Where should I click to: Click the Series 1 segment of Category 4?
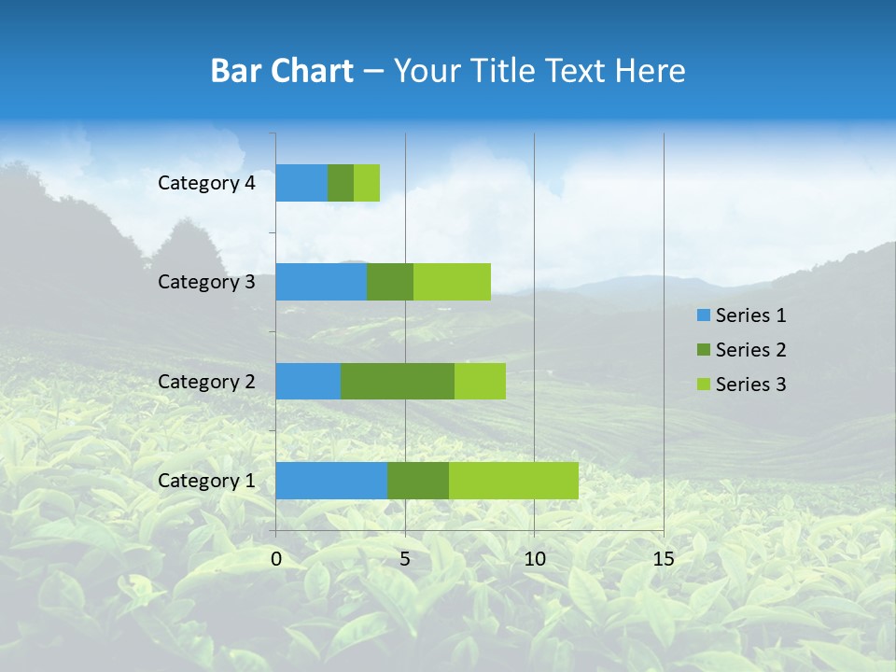(301, 183)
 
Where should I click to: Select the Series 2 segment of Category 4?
(341, 183)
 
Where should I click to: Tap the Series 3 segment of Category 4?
(367, 183)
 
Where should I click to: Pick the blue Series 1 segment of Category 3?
(321, 282)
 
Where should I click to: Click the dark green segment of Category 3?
(390, 282)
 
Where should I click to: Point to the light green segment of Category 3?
(452, 282)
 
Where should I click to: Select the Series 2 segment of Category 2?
(398, 381)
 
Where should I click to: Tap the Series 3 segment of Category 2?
(480, 381)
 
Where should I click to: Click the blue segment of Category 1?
(331, 481)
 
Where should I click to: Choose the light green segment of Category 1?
(513, 481)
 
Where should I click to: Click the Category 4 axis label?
(206, 183)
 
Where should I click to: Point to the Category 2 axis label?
(206, 381)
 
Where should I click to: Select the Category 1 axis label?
(206, 481)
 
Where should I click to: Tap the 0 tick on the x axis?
(276, 559)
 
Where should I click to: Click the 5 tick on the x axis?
(405, 559)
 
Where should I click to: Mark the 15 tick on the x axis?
(663, 559)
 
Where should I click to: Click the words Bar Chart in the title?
(282, 71)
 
